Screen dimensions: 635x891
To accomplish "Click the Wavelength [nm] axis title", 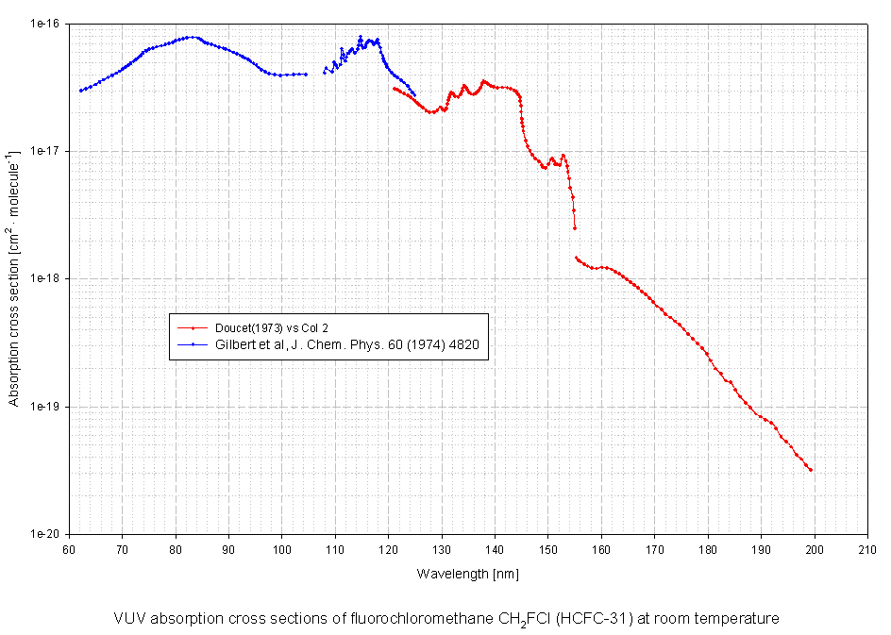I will tap(467, 573).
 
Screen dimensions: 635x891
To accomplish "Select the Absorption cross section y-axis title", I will tap(14, 278).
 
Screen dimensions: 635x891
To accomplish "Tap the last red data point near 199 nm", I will tap(811, 470).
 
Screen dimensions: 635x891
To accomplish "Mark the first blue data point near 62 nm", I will tap(81, 91).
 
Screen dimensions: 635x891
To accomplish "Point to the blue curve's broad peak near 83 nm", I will tap(192, 38).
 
